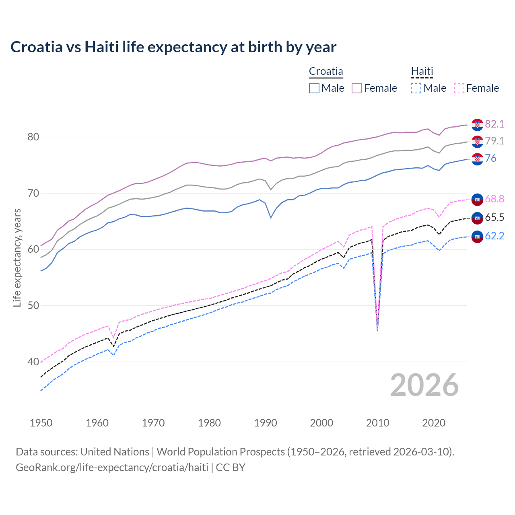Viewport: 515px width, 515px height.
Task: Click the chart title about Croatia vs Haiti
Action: click(x=173, y=47)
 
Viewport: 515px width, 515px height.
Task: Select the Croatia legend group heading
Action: click(x=326, y=71)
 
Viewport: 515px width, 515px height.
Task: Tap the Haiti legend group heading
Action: click(x=422, y=71)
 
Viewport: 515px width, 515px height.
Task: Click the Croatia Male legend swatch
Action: click(x=314, y=88)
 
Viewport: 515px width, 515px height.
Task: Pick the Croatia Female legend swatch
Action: click(x=357, y=88)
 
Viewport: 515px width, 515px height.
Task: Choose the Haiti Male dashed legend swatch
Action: click(x=416, y=88)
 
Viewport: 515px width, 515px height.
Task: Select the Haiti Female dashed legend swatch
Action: click(x=459, y=88)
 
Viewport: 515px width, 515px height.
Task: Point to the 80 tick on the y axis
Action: click(x=33, y=137)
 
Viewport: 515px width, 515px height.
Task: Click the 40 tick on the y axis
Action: click(x=33, y=362)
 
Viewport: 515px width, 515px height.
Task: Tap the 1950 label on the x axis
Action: click(x=41, y=423)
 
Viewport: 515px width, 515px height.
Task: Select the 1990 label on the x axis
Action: click(x=266, y=423)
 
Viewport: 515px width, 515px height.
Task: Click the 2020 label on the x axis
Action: click(x=434, y=423)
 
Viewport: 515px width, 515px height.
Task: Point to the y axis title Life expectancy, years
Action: click(x=17, y=257)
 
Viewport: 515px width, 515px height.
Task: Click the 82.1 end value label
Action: click(x=494, y=124)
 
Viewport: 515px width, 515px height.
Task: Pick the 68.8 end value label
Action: click(x=494, y=199)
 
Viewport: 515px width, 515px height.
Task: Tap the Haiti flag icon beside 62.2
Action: click(x=477, y=236)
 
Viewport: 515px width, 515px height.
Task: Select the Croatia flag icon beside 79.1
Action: click(x=477, y=141)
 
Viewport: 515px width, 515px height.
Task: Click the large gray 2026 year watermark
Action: click(x=424, y=385)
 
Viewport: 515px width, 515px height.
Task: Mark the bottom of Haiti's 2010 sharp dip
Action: click(x=377, y=330)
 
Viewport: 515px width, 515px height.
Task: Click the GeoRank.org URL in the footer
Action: click(x=112, y=468)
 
